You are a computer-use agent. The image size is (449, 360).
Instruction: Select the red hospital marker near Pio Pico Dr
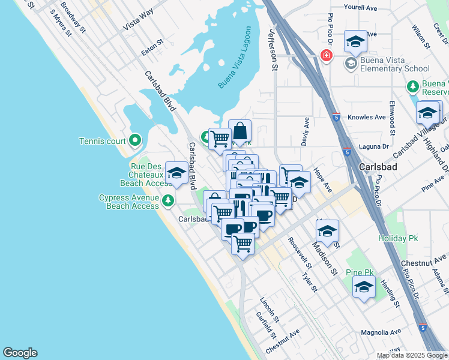coord(326,56)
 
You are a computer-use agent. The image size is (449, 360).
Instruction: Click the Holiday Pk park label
coord(397,238)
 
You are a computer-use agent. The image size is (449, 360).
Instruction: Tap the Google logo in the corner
coord(20,353)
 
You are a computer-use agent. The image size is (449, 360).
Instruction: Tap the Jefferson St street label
coord(274,50)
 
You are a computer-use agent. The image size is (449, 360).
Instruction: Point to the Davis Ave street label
coord(306,131)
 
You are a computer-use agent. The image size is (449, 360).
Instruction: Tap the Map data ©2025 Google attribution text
coord(412,355)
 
